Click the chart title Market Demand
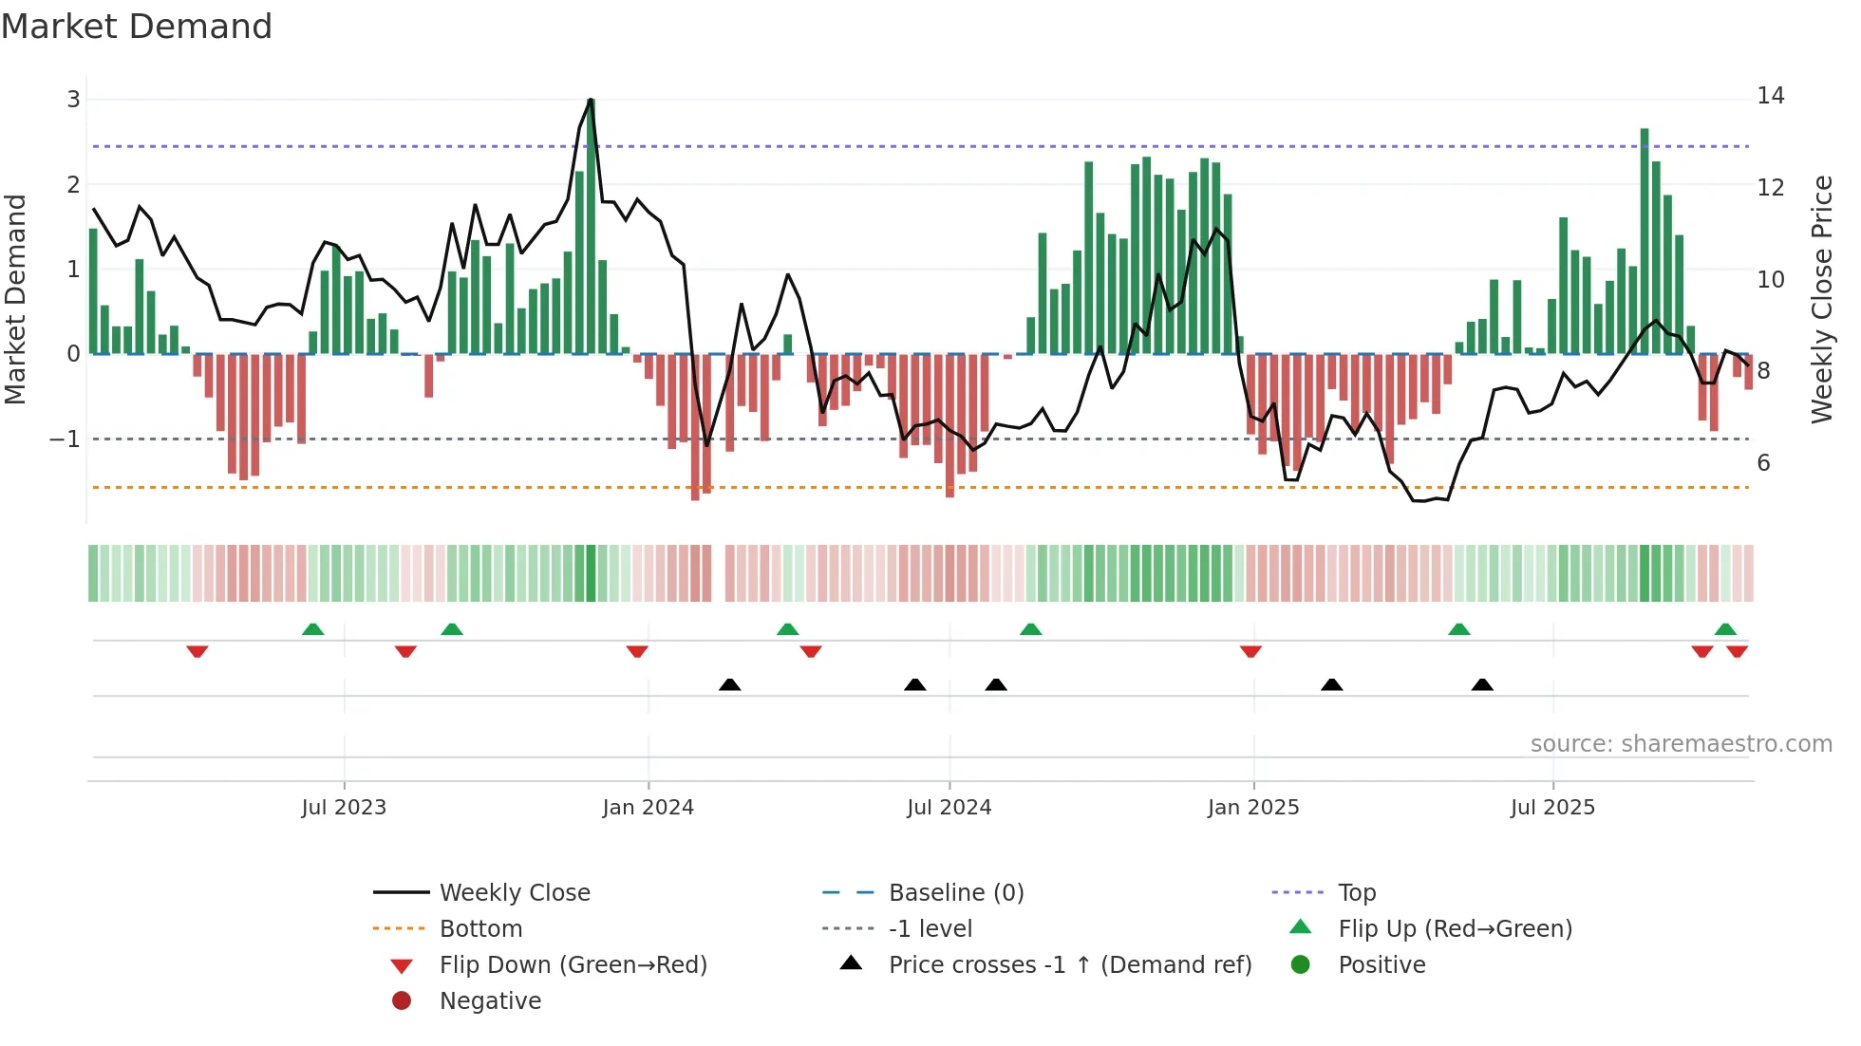coord(137,27)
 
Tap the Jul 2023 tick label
coord(344,808)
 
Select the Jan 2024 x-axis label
coord(648,808)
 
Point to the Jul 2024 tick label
coord(949,808)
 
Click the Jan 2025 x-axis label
coord(1253,808)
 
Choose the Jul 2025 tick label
coord(1552,808)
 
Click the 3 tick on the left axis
coord(73,100)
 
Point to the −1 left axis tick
coord(65,439)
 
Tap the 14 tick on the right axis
coord(1770,96)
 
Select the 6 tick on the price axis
coord(1763,463)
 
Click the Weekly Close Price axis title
coord(1821,299)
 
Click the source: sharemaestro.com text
coord(1681,744)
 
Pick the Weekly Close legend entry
coord(514,893)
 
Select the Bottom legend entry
coord(480,929)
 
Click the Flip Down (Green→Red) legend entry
coord(573,965)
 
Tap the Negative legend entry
coord(490,1001)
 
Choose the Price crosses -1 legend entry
coord(1069,965)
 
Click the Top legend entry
coord(1357,893)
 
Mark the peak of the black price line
coord(591,100)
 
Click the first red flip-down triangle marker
coord(197,651)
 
